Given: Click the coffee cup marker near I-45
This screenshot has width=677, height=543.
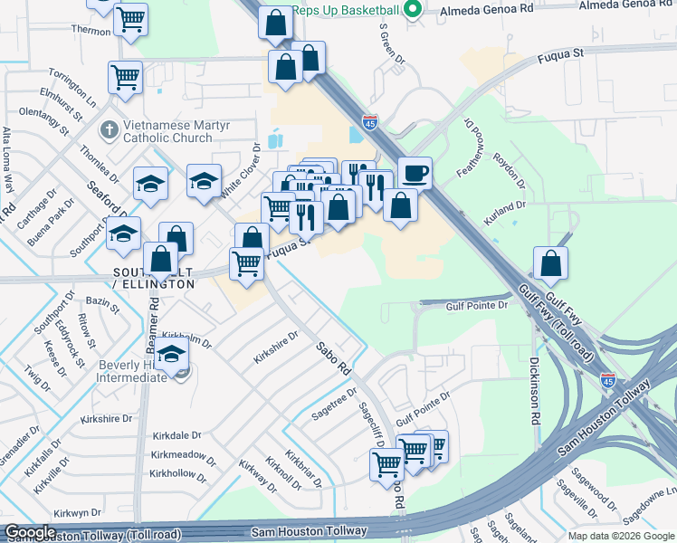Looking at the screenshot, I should (415, 172).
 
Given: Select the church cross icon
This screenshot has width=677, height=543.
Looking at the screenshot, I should (108, 129).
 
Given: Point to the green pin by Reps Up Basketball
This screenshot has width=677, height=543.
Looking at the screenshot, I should (414, 10).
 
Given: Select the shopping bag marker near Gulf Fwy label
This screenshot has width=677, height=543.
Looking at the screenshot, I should (550, 264).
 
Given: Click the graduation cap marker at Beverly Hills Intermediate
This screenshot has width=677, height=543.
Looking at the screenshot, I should (171, 356).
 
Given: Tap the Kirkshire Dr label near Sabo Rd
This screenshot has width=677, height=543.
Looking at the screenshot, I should (275, 347).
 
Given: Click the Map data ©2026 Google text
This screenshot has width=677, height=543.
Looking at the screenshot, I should (621, 536).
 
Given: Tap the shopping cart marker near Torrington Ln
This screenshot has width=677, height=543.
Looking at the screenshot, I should (125, 77).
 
